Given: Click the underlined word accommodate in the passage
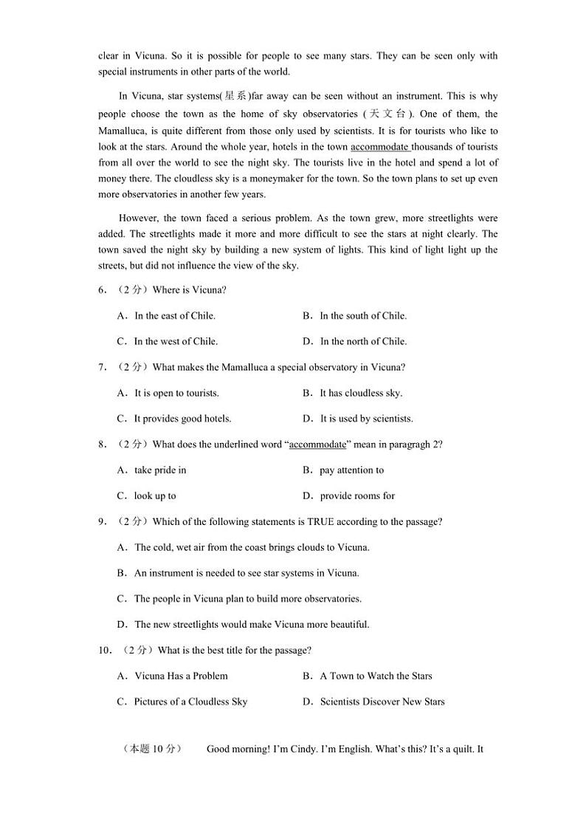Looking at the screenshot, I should [x=380, y=147].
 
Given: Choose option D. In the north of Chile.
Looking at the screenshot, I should [x=355, y=341].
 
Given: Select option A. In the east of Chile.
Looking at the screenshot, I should [x=166, y=315].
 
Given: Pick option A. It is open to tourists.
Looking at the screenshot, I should [x=168, y=393].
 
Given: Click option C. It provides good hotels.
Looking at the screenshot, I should [x=174, y=419].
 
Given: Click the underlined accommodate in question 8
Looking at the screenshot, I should [x=317, y=445].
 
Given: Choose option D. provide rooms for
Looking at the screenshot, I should [x=349, y=495].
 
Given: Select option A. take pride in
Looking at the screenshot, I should [x=152, y=470].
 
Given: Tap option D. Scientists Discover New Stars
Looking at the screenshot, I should [x=373, y=702].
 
